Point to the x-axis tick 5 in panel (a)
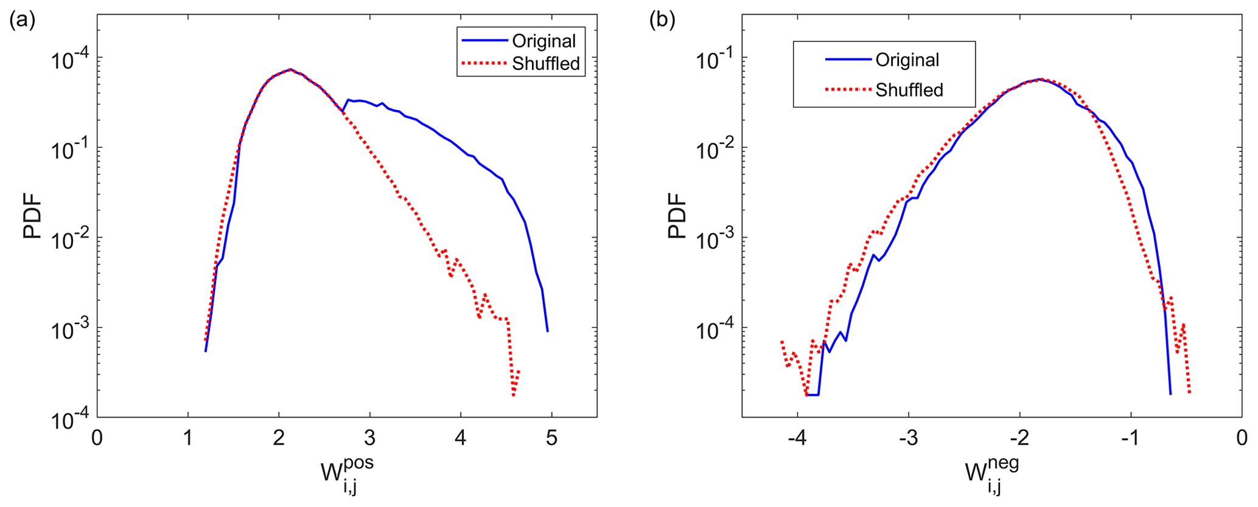click(551, 438)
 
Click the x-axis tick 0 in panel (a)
click(97, 438)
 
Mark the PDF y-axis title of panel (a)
click(33, 216)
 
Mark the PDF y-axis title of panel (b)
click(677, 216)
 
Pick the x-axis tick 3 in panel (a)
click(369, 438)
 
